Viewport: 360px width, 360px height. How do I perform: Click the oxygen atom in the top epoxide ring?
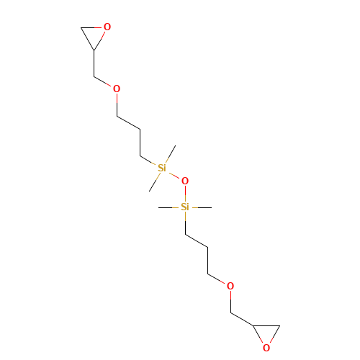click(x=107, y=27)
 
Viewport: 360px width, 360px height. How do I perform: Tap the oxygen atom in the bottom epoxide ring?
click(x=266, y=348)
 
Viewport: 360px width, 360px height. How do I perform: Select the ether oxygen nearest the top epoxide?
click(x=117, y=89)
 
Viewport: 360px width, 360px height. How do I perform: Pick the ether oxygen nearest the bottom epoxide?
click(x=230, y=286)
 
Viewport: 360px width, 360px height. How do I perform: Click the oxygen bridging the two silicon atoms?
click(x=185, y=181)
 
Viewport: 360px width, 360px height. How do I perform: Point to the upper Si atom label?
click(x=162, y=168)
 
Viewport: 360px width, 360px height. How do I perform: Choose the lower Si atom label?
click(x=185, y=207)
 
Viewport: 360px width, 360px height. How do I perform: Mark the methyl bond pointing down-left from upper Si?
click(x=153, y=185)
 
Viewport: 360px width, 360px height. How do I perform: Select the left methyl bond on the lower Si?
click(x=166, y=207)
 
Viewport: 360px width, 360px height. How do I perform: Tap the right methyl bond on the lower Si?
click(x=204, y=207)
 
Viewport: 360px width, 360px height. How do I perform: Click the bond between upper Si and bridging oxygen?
click(x=174, y=175)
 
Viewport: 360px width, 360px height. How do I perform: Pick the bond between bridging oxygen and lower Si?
click(x=185, y=194)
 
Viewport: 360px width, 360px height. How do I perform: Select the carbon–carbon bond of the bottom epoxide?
click(x=266, y=325)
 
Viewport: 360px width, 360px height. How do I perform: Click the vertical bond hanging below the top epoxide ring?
click(x=94, y=63)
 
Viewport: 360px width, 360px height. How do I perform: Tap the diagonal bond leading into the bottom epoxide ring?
click(x=242, y=319)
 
